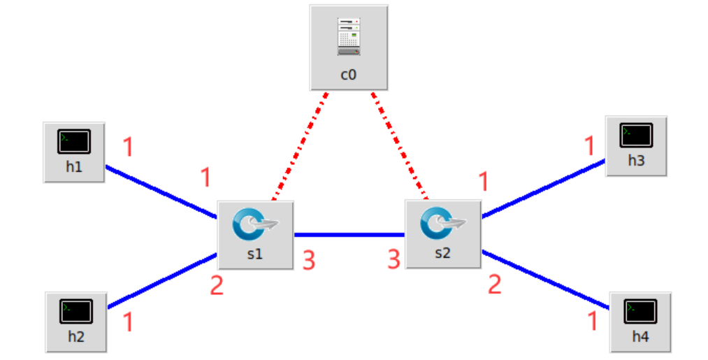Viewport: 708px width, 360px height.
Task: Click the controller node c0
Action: click(348, 47)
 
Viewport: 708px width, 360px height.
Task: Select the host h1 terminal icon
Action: click(74, 143)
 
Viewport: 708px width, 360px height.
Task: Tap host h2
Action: click(76, 312)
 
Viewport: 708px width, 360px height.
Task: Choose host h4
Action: click(640, 312)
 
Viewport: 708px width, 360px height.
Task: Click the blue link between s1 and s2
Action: click(349, 234)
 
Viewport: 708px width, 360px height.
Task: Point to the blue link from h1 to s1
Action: click(161, 192)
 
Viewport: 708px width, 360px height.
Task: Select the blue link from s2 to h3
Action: click(543, 188)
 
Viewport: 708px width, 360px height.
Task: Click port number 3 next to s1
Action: click(308, 261)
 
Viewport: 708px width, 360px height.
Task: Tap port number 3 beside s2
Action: click(394, 260)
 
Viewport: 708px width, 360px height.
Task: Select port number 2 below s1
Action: click(217, 285)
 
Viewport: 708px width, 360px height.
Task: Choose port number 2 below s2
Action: click(495, 284)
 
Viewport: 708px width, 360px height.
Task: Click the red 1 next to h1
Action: click(128, 147)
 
